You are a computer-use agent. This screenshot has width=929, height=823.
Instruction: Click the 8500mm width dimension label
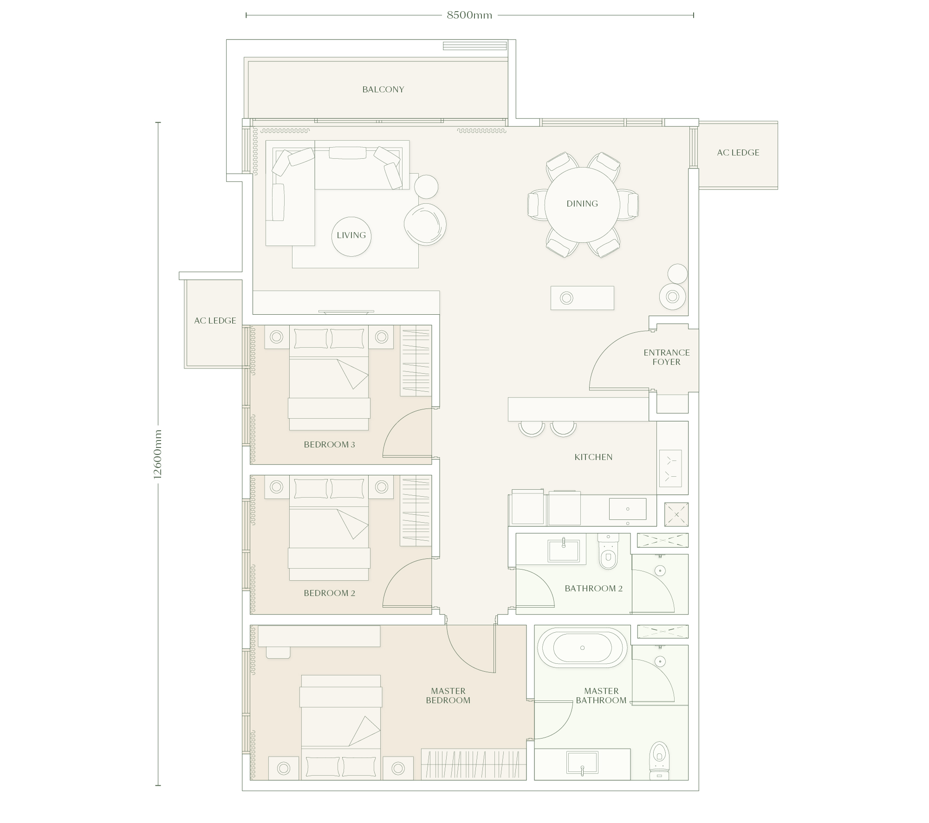[x=469, y=15]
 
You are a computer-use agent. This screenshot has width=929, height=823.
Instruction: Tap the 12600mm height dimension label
[x=157, y=454]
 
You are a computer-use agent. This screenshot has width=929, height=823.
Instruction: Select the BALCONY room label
[x=383, y=90]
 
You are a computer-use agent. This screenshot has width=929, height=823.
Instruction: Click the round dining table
[x=582, y=204]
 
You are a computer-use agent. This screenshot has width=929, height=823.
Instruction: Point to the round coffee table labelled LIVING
[x=351, y=236]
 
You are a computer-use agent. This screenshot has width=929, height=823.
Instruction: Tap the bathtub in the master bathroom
[x=582, y=648]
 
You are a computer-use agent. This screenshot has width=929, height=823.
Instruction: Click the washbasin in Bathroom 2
[x=564, y=551]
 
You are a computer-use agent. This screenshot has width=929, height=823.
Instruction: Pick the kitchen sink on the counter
[x=628, y=509]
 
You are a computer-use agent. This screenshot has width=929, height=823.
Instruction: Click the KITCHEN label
[x=593, y=457]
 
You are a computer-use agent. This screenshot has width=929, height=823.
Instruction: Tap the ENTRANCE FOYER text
[x=667, y=357]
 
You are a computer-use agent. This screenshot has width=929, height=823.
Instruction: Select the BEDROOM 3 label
[x=329, y=445]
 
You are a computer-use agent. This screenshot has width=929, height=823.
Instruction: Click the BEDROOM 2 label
[x=329, y=593]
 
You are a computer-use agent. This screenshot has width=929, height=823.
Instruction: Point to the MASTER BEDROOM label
[x=448, y=696]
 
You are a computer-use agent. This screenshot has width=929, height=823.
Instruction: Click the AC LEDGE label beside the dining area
[x=738, y=153]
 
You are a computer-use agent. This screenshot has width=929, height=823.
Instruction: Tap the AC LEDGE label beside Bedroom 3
[x=215, y=321]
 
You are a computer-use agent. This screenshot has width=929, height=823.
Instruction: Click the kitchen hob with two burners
[x=670, y=468]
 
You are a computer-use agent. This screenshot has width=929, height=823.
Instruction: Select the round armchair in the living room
[x=425, y=224]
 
